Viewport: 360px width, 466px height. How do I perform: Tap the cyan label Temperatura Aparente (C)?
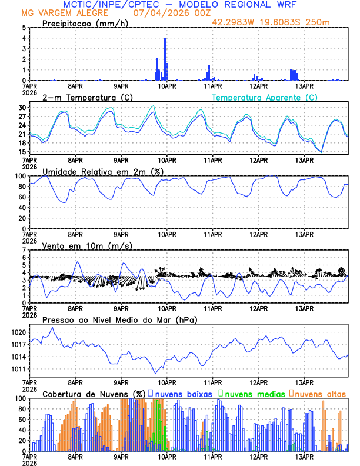[x=264, y=98]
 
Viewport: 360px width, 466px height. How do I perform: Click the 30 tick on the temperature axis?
[x=22, y=108]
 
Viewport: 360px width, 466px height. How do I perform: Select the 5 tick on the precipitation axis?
[x=24, y=28]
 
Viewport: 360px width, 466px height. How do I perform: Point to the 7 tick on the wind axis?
[x=24, y=250]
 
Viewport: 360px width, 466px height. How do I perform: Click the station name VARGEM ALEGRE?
[x=74, y=13]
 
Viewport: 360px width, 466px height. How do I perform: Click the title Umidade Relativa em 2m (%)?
[x=101, y=171]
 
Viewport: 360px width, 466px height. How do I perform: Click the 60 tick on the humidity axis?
[x=22, y=197]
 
